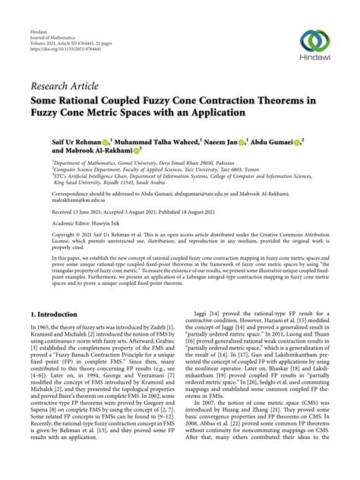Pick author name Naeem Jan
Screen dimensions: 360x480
219,141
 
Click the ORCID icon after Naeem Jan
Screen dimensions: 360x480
240,141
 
